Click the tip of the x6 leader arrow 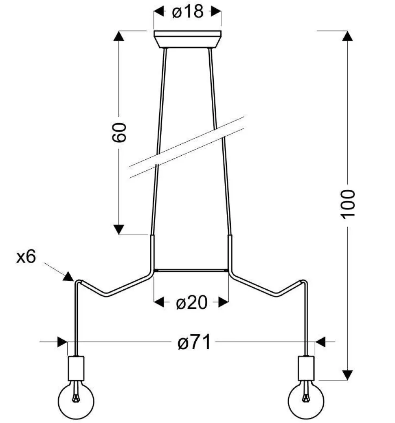(x=73, y=281)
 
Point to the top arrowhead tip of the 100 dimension (x=347, y=31)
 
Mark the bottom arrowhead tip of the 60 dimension (x=118, y=235)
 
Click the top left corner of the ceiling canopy (x=154, y=31)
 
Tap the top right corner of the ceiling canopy (x=221, y=31)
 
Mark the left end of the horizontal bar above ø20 (x=154, y=270)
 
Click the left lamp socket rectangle (x=76, y=368)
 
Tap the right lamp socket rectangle (x=306, y=368)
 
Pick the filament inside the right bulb (x=306, y=393)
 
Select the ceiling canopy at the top (x=187, y=40)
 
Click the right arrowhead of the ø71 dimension (x=320, y=342)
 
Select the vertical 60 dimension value (x=119, y=132)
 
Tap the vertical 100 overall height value (x=348, y=204)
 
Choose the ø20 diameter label (x=192, y=302)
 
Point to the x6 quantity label (x=26, y=256)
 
